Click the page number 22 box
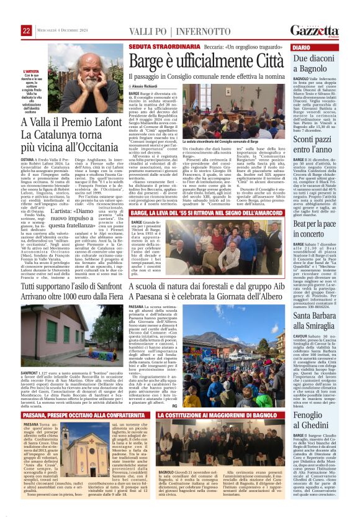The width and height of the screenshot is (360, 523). (x=27, y=31)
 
